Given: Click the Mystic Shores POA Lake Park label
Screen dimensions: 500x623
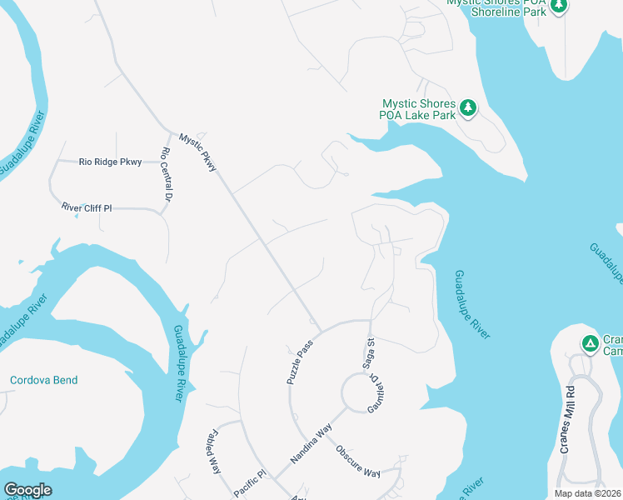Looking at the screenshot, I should tap(418, 109).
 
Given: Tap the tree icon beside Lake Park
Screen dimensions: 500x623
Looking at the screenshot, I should tap(469, 107).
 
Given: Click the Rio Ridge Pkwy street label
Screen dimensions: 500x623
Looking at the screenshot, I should tap(111, 162).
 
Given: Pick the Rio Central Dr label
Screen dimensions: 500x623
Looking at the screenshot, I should tap(166, 175).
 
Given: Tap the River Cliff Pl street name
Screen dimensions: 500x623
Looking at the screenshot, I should tap(86, 207).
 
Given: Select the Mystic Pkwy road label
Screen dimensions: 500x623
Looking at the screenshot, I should tap(198, 152).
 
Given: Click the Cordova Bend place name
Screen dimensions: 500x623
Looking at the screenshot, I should tap(43, 380).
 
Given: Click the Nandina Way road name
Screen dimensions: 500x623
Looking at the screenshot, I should tap(311, 443).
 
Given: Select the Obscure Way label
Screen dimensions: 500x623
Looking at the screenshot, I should tap(359, 461).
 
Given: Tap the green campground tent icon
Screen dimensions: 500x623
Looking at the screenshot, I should tap(590, 342).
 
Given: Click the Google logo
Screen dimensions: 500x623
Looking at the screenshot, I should tap(27, 490).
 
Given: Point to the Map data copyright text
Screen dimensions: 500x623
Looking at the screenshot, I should tap(588, 493).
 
